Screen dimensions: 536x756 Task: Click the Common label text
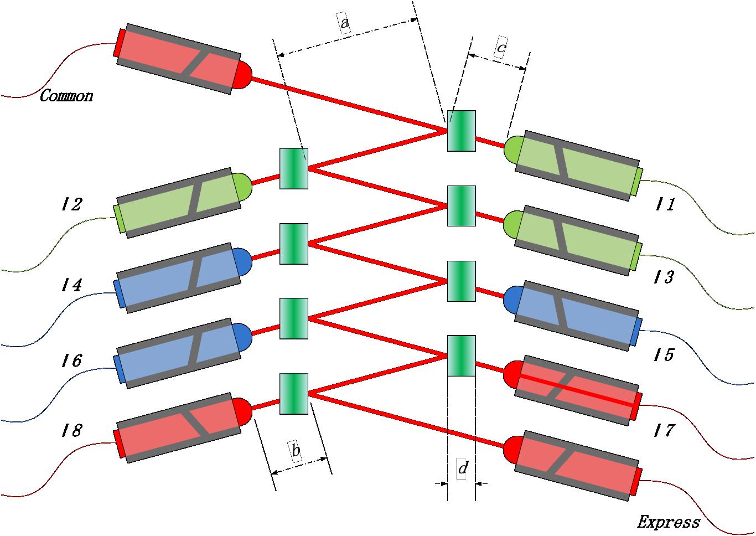click(x=66, y=96)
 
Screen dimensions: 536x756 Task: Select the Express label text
click(x=668, y=522)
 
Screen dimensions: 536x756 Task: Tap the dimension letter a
click(x=344, y=24)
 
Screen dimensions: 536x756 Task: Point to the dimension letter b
click(x=296, y=451)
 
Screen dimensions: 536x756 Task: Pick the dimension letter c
click(x=500, y=49)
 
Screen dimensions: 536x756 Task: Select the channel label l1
click(x=665, y=205)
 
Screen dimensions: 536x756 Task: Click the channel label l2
click(x=72, y=205)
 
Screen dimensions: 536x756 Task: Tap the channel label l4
click(x=72, y=286)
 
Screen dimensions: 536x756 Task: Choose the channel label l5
click(x=664, y=354)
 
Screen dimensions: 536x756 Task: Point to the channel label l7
click(x=664, y=430)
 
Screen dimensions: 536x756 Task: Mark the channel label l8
click(x=72, y=430)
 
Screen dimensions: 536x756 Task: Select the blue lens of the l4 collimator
click(x=242, y=262)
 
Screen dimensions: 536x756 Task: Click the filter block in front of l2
click(x=293, y=168)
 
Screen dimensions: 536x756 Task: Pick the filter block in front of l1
click(x=462, y=131)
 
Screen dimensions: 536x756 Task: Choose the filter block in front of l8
click(x=293, y=394)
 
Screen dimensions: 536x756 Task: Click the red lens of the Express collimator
click(x=512, y=449)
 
